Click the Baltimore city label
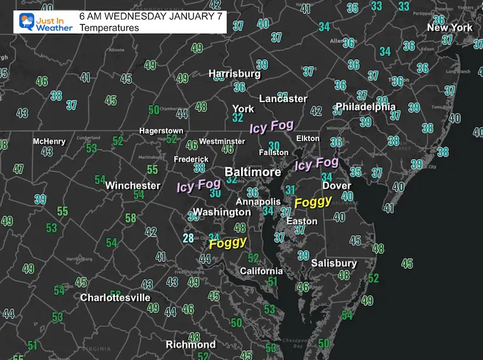click(x=253, y=172)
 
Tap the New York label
click(x=450, y=27)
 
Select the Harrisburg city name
click(x=235, y=74)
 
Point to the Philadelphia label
click(x=365, y=107)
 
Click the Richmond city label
click(x=191, y=345)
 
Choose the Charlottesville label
click(x=115, y=298)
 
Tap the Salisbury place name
click(x=334, y=263)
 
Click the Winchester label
click(x=133, y=186)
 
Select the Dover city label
click(x=336, y=186)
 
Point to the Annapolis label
click(x=259, y=202)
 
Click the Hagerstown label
click(x=161, y=131)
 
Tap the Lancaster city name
click(x=283, y=99)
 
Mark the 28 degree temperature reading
click(x=188, y=239)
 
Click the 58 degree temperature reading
click(x=130, y=218)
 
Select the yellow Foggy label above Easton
click(x=313, y=202)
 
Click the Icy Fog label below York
click(x=271, y=127)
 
